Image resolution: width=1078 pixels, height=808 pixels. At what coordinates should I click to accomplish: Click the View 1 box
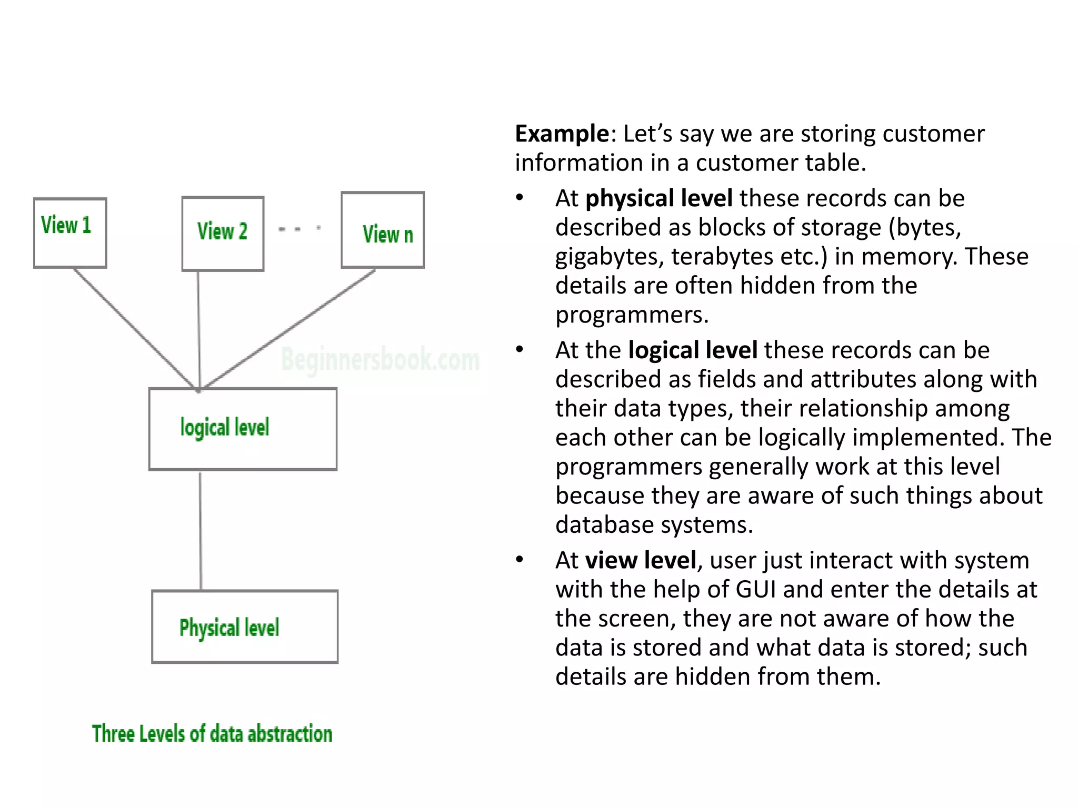[70, 233]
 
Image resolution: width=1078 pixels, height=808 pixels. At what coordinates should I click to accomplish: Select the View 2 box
[223, 234]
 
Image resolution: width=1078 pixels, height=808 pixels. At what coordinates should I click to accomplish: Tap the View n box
[383, 230]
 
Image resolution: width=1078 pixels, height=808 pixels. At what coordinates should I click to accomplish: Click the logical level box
[243, 429]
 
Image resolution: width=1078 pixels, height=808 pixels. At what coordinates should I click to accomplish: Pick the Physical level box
[245, 627]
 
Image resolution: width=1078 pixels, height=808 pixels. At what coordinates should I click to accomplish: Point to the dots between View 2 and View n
[299, 229]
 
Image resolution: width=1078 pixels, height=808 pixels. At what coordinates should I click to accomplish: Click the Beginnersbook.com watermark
[380, 360]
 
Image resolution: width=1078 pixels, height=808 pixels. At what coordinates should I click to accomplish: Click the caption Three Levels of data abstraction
[212, 734]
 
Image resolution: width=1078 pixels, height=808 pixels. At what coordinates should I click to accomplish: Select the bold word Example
[562, 134]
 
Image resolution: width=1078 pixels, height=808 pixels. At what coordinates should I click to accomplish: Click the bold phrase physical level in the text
[658, 198]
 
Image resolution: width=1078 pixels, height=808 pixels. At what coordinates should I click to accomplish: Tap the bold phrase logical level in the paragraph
[693, 350]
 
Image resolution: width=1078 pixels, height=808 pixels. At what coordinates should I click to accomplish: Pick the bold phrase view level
[641, 560]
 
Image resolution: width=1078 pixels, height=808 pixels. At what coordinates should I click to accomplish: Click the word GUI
[755, 590]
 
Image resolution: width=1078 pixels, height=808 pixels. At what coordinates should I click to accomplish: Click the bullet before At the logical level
[520, 350]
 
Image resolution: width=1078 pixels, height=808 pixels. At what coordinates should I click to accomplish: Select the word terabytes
[722, 257]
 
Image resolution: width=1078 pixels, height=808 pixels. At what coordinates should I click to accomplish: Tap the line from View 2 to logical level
[199, 329]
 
